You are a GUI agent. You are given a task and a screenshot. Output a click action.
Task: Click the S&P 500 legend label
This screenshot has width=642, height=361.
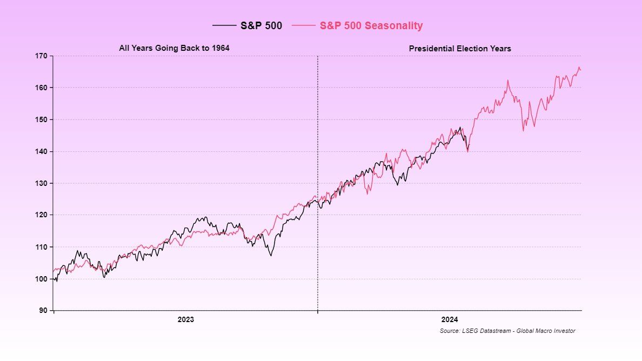(x=261, y=25)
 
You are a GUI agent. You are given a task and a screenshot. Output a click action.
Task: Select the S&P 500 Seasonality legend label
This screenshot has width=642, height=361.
(x=371, y=25)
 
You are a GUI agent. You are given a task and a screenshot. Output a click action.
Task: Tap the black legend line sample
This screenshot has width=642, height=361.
(x=224, y=25)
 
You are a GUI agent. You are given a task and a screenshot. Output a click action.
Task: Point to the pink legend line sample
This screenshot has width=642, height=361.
(x=303, y=25)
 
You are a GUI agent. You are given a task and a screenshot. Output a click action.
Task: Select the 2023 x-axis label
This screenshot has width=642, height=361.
(x=185, y=319)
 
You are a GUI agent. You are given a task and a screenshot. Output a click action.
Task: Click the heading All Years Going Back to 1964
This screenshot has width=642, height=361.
(x=174, y=48)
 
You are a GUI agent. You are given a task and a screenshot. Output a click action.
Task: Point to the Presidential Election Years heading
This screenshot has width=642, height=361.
(x=459, y=49)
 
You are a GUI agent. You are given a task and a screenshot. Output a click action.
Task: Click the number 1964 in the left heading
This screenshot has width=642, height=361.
(x=220, y=48)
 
